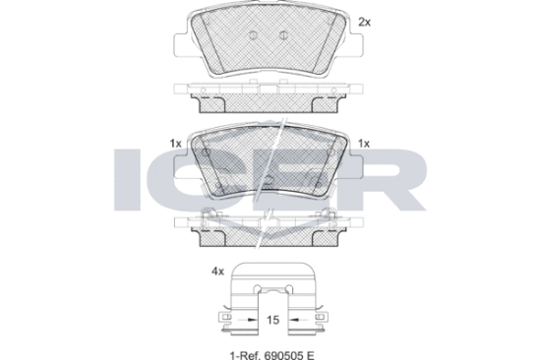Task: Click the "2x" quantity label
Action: point(365,23)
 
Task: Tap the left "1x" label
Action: point(175,144)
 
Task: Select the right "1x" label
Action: point(364,144)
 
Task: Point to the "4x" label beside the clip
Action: point(217,272)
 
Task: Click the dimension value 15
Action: point(272,320)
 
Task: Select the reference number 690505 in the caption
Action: point(284,355)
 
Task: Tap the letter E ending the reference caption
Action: point(311,355)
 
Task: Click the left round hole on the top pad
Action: point(253,34)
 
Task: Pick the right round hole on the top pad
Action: point(283,34)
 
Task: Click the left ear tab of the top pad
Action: point(181,45)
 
